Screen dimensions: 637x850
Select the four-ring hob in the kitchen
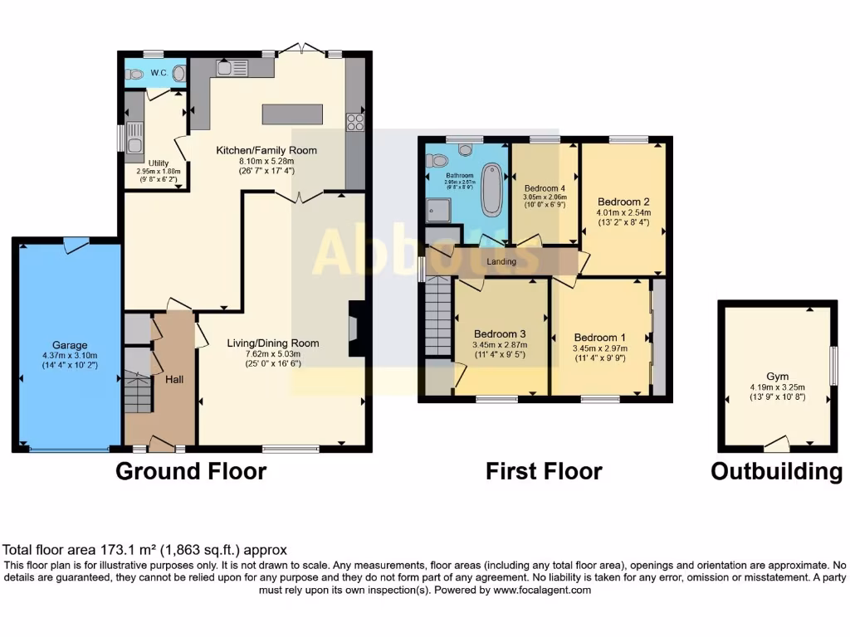[x=355, y=122]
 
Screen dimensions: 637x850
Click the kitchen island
[x=292, y=114]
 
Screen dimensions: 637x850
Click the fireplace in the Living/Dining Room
[x=355, y=329]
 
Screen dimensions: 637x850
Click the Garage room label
[x=70, y=345]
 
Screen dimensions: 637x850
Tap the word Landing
[x=501, y=262]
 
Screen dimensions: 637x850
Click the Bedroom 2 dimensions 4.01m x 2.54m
[x=623, y=212]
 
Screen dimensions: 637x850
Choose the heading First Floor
[x=544, y=472]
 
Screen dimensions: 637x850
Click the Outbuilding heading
[x=776, y=472]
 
